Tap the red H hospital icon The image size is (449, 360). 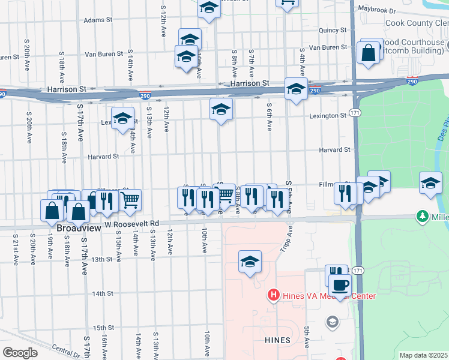(x=273, y=295)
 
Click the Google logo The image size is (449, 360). (x=20, y=353)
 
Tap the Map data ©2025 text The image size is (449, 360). (x=423, y=355)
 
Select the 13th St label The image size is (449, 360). (x=102, y=259)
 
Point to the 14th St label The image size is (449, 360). (x=103, y=293)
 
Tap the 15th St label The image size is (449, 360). (x=103, y=328)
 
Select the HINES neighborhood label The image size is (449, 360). (x=277, y=340)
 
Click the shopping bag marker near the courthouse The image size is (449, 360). (x=368, y=52)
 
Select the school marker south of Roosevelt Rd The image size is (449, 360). (x=250, y=262)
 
